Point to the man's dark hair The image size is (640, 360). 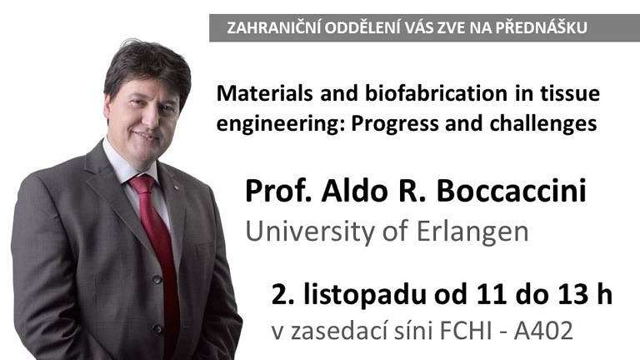pyautogui.click(x=146, y=62)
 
